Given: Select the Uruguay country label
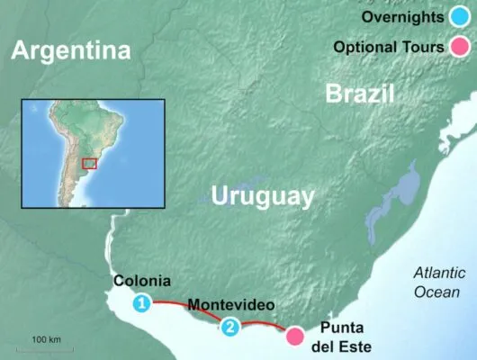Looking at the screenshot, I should tap(263, 196).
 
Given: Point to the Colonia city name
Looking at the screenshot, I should tap(142, 281).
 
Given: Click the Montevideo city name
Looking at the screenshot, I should tap(232, 305).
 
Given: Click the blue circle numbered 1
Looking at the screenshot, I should tap(141, 304).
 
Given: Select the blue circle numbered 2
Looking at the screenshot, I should tap(231, 328).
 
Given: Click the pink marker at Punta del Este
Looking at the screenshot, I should tap(294, 337).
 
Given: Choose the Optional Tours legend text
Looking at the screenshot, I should tap(389, 47).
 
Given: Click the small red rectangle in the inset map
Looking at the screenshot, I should tap(89, 163).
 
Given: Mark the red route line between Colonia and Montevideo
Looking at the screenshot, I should tap(184, 307).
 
